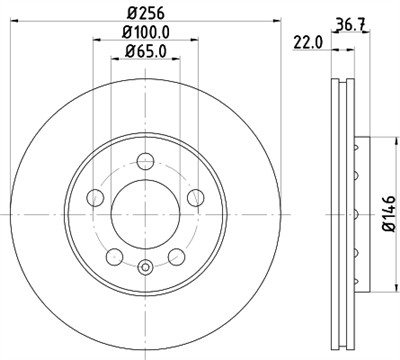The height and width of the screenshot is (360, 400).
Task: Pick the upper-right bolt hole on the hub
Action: [194, 196]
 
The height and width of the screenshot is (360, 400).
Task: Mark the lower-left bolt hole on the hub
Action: [114, 254]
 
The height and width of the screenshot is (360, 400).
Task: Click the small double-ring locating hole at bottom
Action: [145, 266]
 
